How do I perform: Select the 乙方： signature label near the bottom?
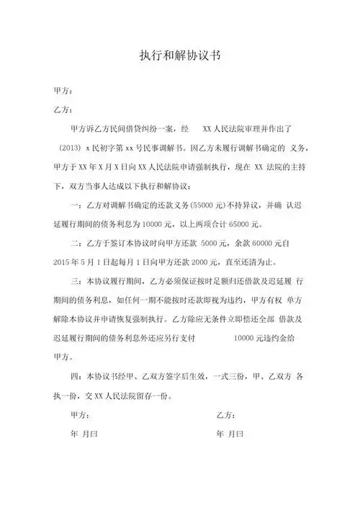pyautogui.click(x=226, y=416)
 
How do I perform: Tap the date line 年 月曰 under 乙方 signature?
pyautogui.click(x=230, y=436)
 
